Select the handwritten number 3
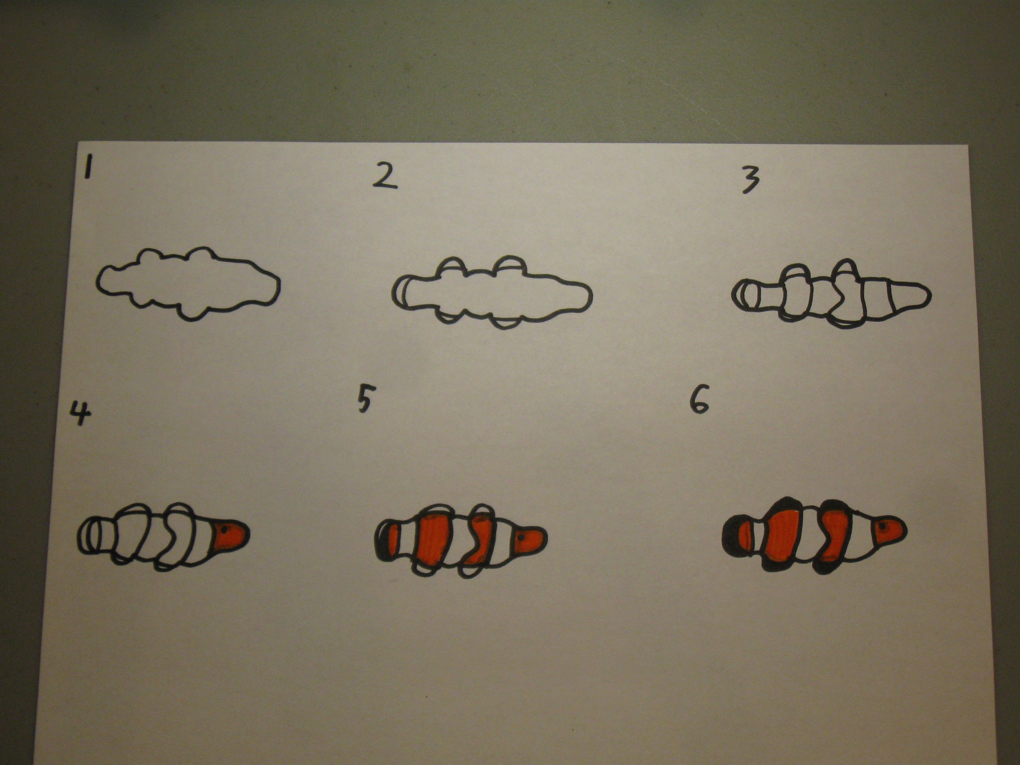750,180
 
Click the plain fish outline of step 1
187,283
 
